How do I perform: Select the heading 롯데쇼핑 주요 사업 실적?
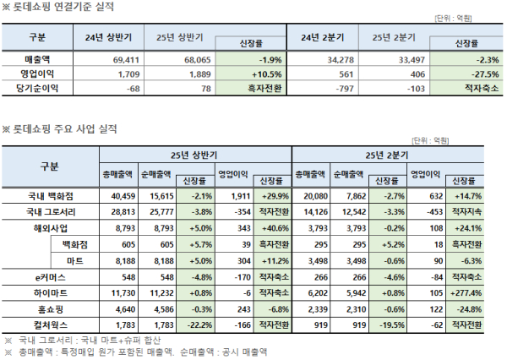(x=63, y=128)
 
